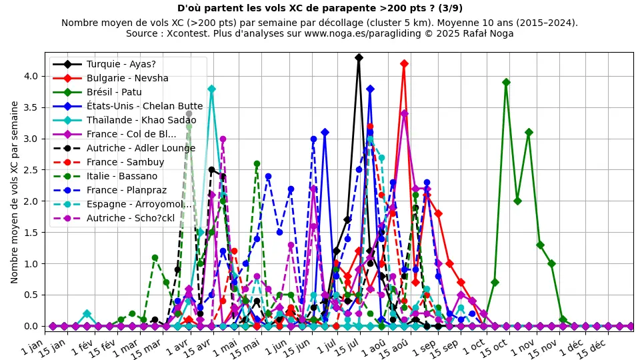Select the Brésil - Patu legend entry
[x=114, y=92]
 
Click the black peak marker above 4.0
[x=359, y=57]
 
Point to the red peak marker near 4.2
[x=404, y=63]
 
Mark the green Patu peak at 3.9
[x=506, y=82]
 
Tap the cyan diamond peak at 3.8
[x=211, y=89]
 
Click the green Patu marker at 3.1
[x=529, y=132]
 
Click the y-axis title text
[x=15, y=192]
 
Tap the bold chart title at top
[x=320, y=9]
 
